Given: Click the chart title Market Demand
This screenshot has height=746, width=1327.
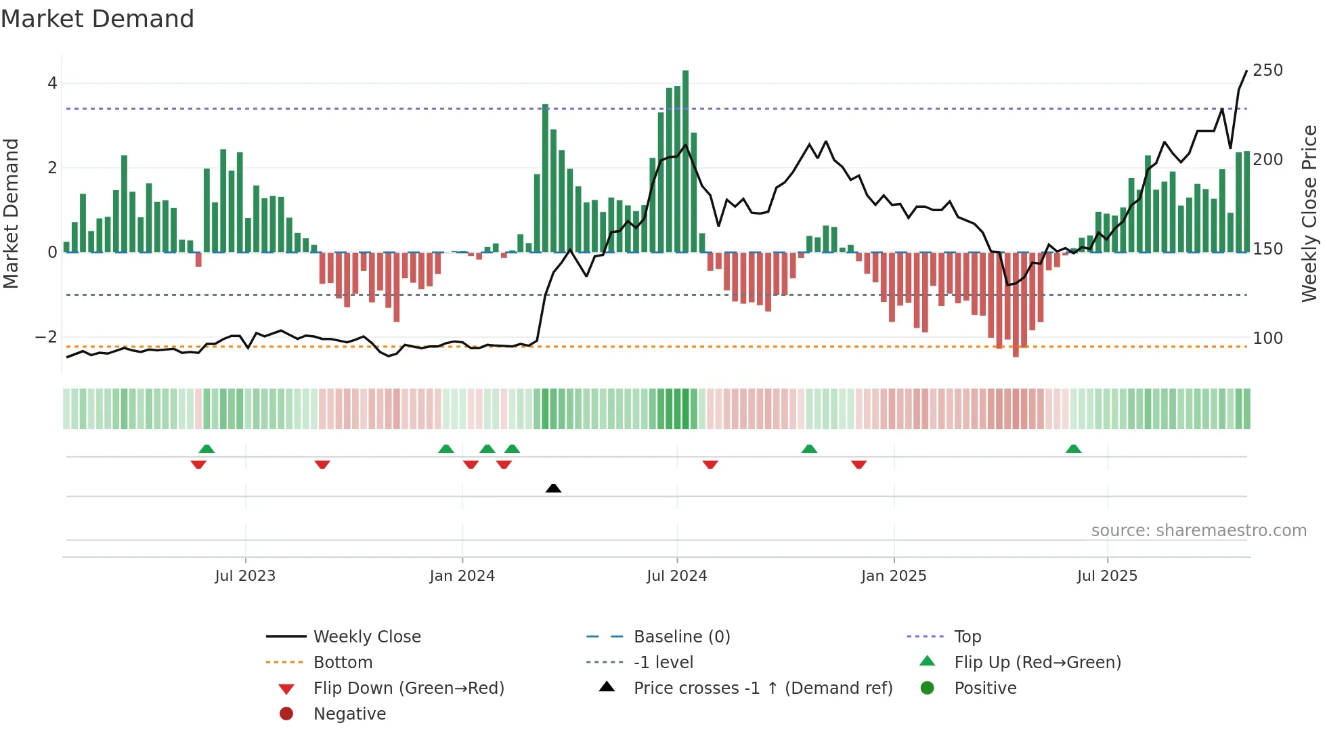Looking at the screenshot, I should (x=97, y=19).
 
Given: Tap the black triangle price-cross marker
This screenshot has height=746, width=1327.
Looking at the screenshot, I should (x=553, y=488).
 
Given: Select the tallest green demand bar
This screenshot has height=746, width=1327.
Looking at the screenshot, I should (x=685, y=161).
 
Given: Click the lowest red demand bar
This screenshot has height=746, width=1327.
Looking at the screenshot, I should (x=1016, y=305).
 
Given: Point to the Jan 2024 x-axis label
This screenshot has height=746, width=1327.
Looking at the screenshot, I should (x=462, y=576).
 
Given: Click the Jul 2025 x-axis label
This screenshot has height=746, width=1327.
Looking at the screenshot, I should (x=1107, y=576).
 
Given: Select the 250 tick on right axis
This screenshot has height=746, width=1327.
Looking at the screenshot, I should (x=1267, y=70).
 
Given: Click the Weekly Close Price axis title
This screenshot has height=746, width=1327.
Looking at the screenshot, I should (x=1309, y=213).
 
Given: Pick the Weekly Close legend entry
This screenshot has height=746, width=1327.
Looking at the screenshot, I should (x=366, y=637).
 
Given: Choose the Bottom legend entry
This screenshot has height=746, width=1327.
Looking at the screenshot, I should (x=343, y=663).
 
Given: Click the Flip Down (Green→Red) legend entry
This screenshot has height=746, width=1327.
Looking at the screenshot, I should (x=408, y=688).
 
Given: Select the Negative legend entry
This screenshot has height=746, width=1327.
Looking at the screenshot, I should (x=349, y=714).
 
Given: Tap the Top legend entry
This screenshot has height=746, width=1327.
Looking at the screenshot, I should (x=967, y=637).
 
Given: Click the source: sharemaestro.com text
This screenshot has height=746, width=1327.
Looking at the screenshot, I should (x=1198, y=531).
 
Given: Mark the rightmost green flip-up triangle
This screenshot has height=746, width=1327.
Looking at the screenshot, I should (x=1073, y=449).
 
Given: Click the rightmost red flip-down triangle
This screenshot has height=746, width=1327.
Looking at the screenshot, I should (x=858, y=464).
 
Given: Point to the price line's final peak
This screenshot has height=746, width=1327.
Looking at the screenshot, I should (x=1246, y=71).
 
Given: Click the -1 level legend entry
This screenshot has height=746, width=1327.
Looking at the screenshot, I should (x=663, y=663).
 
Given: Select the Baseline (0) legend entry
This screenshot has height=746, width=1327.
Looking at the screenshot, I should (x=681, y=637).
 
